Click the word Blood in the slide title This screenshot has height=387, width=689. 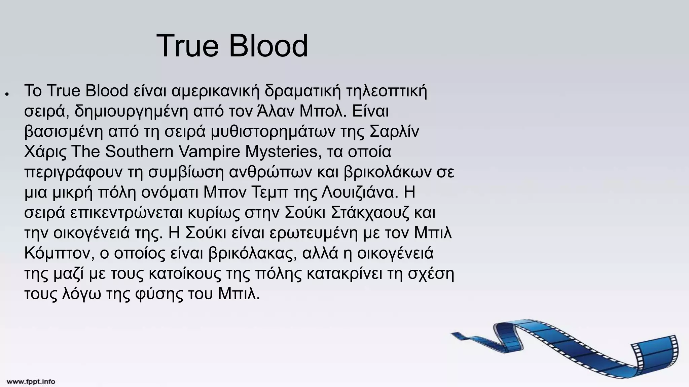[268, 46]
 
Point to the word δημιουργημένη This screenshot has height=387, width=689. [131, 111]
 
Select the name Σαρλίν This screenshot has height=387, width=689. [394, 131]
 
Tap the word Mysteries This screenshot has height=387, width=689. [281, 152]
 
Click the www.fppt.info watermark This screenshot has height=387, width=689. [31, 382]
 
